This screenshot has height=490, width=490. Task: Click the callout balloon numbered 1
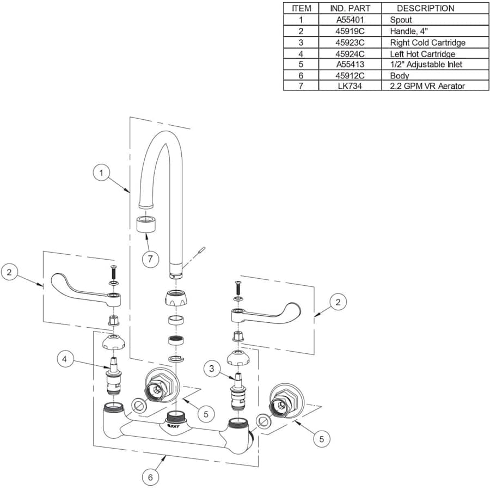(x=101, y=173)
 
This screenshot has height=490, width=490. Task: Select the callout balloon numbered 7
(x=150, y=258)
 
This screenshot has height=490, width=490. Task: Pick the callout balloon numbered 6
(x=151, y=477)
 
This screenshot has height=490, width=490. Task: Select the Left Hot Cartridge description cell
(x=422, y=54)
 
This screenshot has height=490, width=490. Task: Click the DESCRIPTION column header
(x=425, y=8)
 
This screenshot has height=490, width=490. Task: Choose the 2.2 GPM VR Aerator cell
(x=427, y=86)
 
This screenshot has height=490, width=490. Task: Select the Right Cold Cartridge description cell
(x=427, y=42)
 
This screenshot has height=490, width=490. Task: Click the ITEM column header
(x=301, y=8)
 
